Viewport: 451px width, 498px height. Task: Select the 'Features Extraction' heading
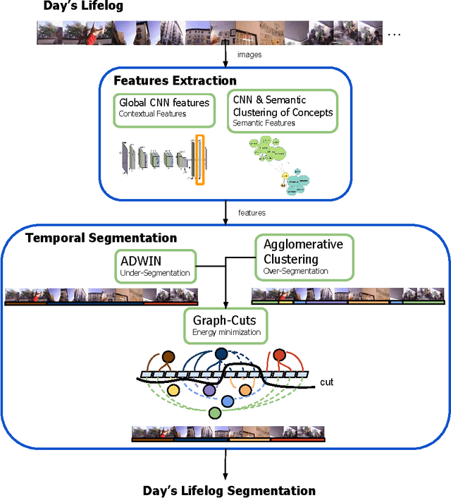pyautogui.click(x=175, y=80)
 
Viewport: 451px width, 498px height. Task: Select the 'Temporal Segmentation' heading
pyautogui.click(x=101, y=238)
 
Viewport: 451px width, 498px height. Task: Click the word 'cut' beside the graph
pyautogui.click(x=326, y=382)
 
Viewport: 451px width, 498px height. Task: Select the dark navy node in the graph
pyautogui.click(x=222, y=354)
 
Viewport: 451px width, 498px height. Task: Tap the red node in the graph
pyautogui.click(x=280, y=354)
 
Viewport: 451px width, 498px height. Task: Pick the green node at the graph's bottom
pyautogui.click(x=214, y=413)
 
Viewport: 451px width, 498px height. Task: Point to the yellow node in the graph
pyautogui.click(x=173, y=390)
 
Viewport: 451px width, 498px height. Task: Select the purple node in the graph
pyautogui.click(x=209, y=390)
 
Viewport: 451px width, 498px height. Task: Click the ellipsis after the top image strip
pyautogui.click(x=395, y=32)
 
